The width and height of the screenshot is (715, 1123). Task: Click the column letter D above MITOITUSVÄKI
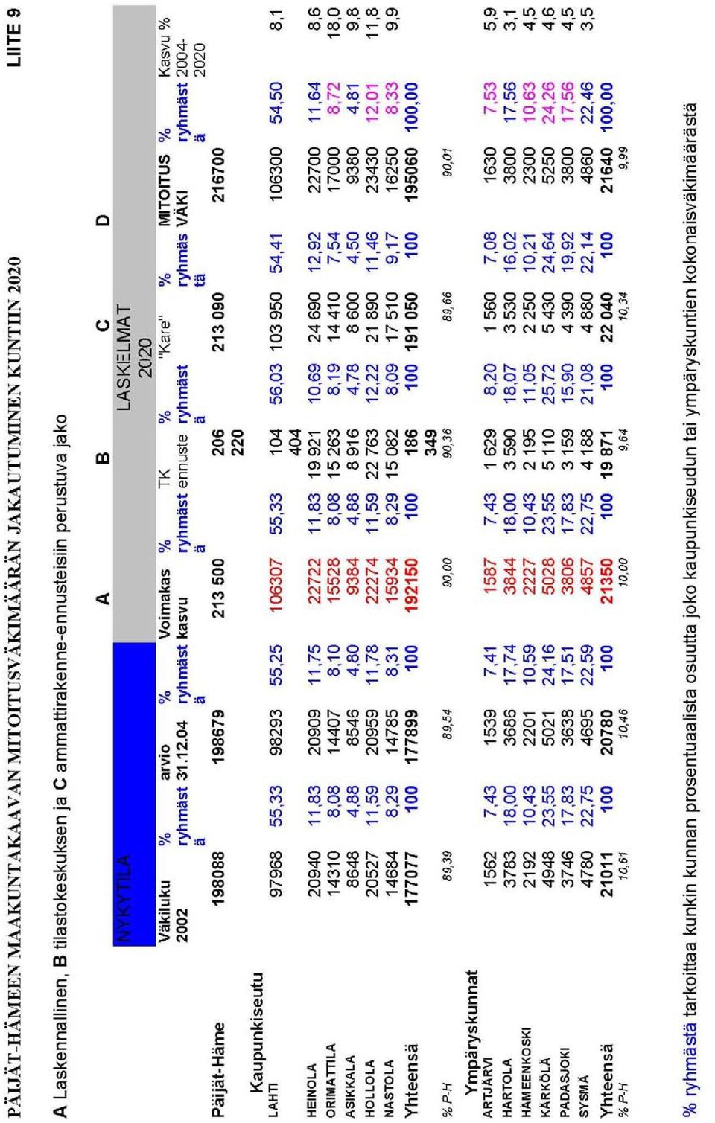tap(103, 220)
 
